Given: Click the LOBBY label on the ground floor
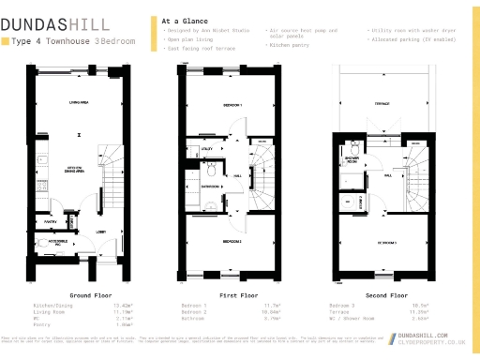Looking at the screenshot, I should (x=98, y=232).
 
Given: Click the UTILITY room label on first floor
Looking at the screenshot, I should (x=205, y=149).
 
